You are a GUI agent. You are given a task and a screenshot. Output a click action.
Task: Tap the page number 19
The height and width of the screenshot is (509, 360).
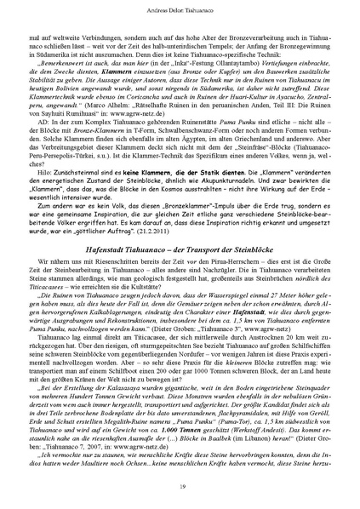180,488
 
